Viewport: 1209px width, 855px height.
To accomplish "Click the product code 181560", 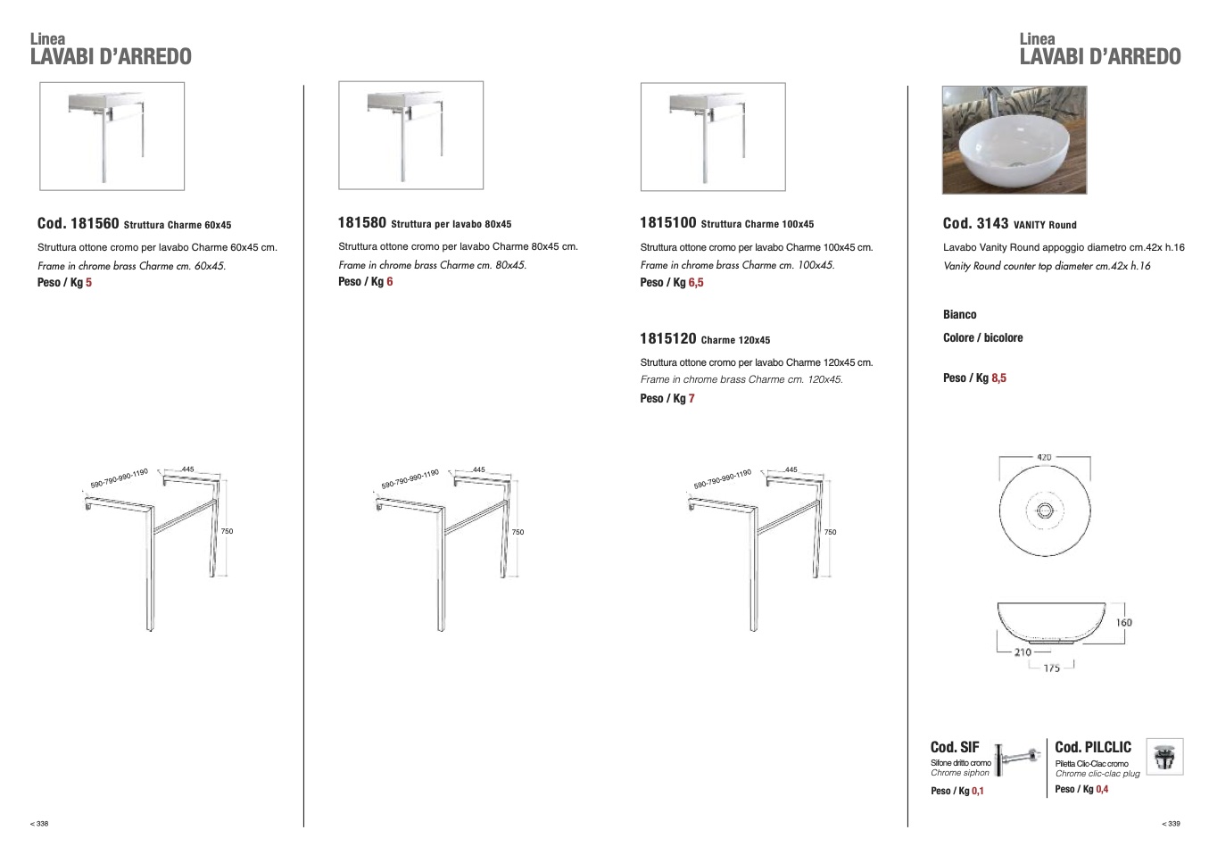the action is pos(95,223).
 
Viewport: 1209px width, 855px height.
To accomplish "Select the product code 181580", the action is pos(362,222).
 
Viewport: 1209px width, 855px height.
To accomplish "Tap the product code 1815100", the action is pos(668,222).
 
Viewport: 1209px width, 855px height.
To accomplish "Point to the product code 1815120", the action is pos(668,338).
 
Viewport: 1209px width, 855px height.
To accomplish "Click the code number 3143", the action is pos(992,223).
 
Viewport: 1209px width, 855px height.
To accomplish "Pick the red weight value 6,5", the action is pos(696,282).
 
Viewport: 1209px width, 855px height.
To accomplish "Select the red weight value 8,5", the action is pos(998,378).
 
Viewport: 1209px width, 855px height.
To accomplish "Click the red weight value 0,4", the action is pos(1102,789).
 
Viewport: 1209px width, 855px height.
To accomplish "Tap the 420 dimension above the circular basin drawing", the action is pos(1045,457).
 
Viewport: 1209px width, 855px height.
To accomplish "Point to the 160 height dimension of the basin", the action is pos(1123,622).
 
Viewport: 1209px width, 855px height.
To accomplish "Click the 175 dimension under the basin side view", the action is pos(1051,668).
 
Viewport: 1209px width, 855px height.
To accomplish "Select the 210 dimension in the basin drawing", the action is pos(1023,652).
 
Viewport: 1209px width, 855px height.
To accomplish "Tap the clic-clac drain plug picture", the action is pos(1164,757).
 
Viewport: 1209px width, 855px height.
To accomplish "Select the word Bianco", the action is pos(960,314).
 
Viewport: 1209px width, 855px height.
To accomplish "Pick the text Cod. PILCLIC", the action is pos(1093,747).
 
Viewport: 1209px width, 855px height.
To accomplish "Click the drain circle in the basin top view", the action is pos(1045,511).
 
